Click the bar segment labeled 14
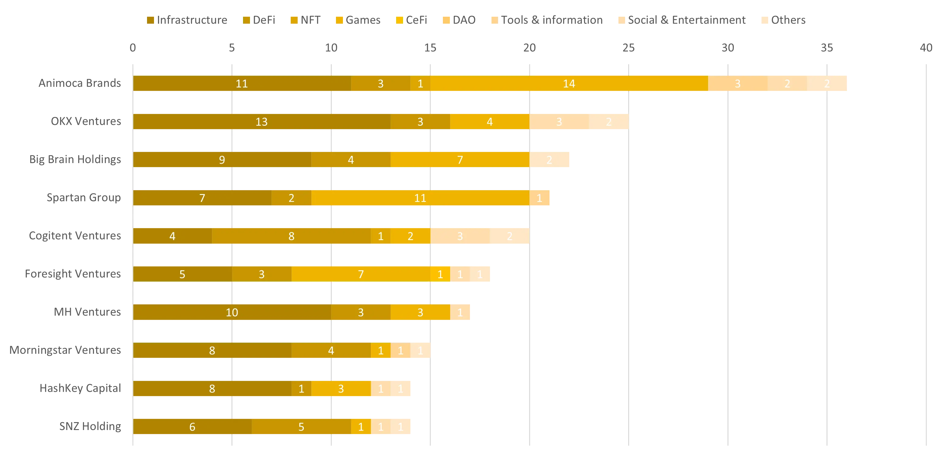569,84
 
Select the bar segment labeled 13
262,122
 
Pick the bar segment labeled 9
222,160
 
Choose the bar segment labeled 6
192,426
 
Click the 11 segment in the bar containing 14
242,84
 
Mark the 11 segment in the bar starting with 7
420,198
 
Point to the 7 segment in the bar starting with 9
460,160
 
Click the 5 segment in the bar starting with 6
301,426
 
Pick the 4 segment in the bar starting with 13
489,122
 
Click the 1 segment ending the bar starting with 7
540,198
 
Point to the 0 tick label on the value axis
132,47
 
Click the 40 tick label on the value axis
926,47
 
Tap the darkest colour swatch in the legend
151,20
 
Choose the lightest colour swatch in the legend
765,20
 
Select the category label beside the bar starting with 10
87,312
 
